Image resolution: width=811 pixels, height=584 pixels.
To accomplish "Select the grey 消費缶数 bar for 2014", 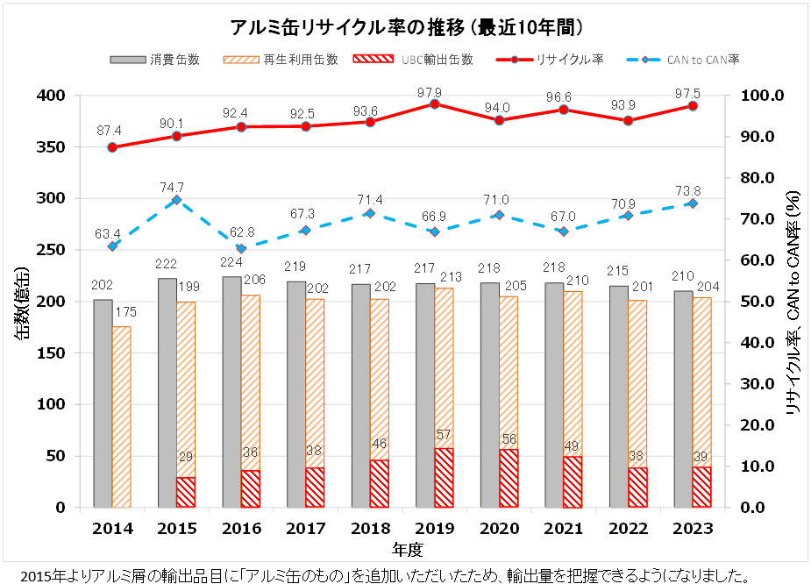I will pyautogui.click(x=103, y=403).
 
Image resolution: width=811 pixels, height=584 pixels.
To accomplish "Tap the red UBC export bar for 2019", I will pyautogui.click(x=444, y=478).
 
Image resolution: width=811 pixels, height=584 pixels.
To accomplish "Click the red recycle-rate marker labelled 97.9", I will pyautogui.click(x=434, y=103).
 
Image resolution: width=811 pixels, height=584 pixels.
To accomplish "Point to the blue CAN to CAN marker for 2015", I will pyautogui.click(x=176, y=200).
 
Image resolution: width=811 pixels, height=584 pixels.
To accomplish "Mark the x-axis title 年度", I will pyautogui.click(x=407, y=550).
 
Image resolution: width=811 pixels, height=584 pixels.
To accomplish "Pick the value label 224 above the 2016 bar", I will pyautogui.click(x=231, y=261).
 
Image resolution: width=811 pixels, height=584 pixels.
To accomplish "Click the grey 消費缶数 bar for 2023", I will pyautogui.click(x=683, y=399).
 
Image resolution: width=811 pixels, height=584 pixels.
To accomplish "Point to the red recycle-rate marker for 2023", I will pyautogui.click(x=693, y=106).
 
